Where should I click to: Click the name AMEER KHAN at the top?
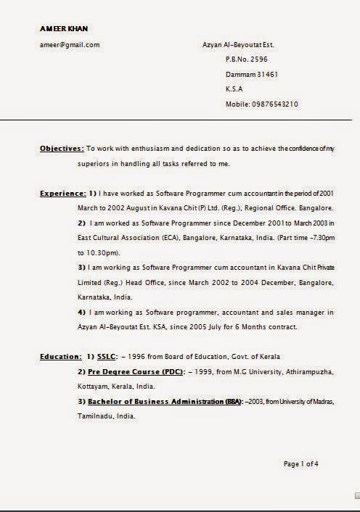[64, 28]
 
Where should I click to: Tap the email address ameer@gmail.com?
[70, 45]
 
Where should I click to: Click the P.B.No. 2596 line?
[247, 59]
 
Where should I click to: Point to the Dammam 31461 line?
[253, 75]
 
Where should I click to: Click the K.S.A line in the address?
[234, 89]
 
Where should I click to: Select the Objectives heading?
[62, 149]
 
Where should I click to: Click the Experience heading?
[63, 194]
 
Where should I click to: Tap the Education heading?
[60, 357]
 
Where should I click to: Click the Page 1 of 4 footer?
[300, 464]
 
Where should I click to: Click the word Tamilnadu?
[97, 417]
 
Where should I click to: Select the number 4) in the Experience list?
[82, 313]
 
